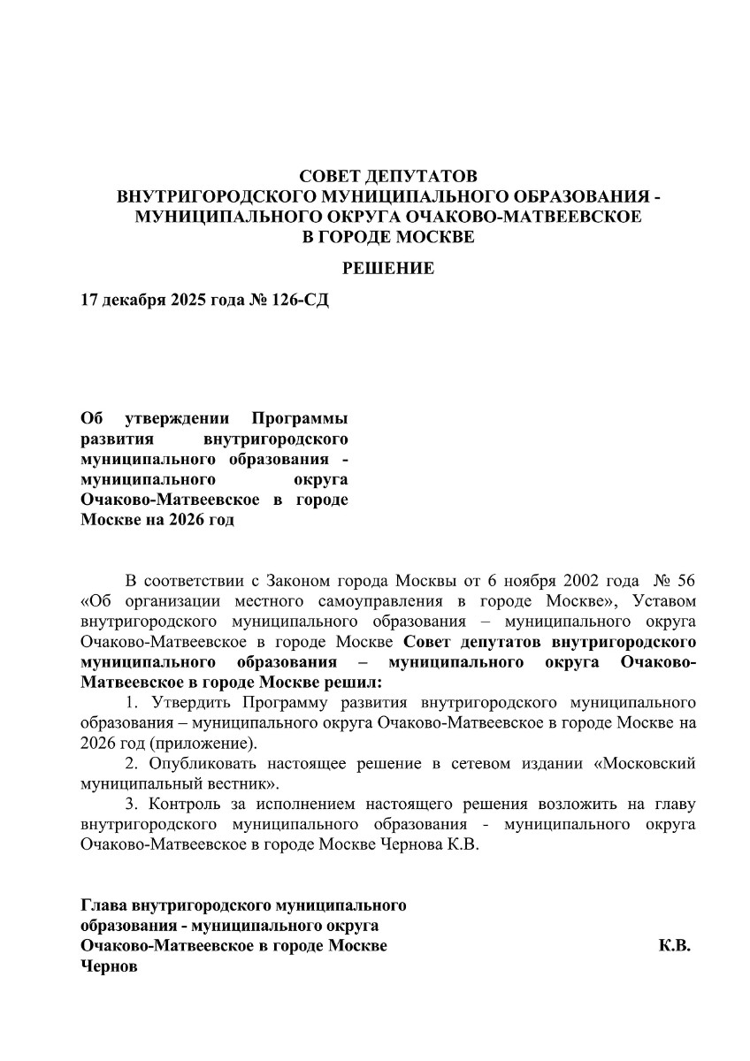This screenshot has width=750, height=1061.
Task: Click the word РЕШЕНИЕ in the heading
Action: (388, 269)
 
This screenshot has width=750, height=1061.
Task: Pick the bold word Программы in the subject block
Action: (300, 417)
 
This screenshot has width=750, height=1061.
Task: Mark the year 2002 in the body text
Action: (574, 581)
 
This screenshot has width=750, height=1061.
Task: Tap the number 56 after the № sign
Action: (686, 581)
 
